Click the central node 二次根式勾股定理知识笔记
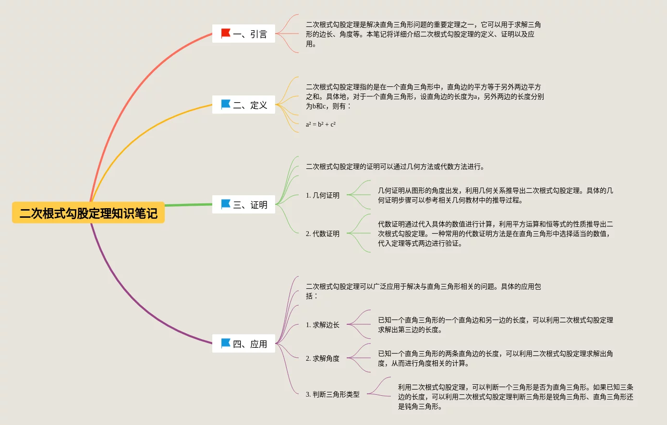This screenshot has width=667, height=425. pos(88,213)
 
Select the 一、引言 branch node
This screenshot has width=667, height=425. pos(243,34)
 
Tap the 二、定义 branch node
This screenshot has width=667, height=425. pos(243,105)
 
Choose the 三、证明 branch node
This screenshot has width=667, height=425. pos(243,205)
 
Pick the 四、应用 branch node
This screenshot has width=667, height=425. pos(243,344)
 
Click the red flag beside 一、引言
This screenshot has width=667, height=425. pos(226,33)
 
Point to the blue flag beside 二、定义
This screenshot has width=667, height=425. pos(226,104)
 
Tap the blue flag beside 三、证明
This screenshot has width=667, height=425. pos(226,204)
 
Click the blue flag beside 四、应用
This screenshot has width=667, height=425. pos(226,343)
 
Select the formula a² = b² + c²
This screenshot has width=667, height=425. pos(321,125)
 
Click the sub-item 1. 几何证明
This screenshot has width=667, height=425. pos(323,195)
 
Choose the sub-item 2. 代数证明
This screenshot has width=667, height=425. pos(323,234)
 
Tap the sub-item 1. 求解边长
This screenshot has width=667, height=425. pos(323,325)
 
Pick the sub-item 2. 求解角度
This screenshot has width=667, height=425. pos(323,358)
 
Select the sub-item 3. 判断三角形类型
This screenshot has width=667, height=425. pos(333,394)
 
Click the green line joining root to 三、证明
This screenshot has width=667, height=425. pos(188,205)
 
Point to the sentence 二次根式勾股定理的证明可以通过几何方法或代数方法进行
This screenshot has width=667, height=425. pos(395,167)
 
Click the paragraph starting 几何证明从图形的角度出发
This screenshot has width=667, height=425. pos(495,195)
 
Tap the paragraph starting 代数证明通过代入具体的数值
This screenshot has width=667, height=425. pos(495,234)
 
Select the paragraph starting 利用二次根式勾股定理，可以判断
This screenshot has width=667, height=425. pos(515,397)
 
